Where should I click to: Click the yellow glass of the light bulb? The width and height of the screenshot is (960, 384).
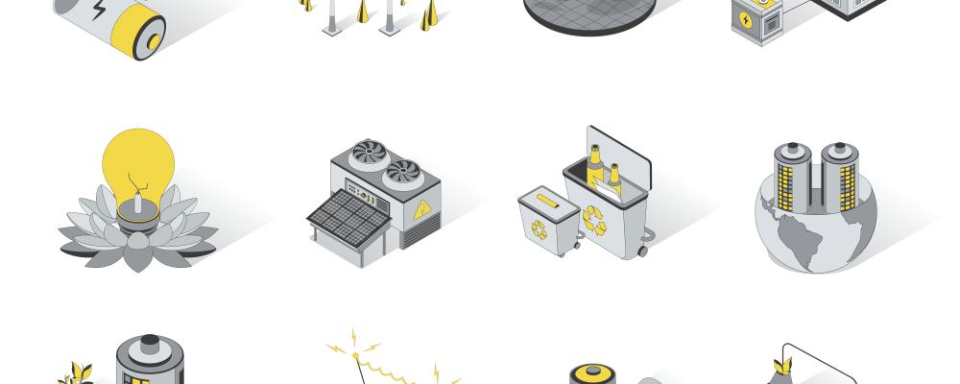pos(140,158)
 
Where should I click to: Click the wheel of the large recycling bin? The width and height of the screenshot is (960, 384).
pos(641,252)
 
